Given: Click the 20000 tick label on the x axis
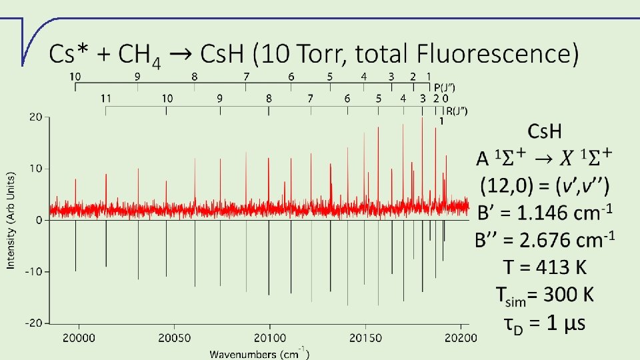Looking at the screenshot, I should pos(79,338).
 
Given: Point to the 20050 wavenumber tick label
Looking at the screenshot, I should pos(175,338).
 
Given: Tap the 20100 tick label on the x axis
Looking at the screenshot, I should pos(270,338).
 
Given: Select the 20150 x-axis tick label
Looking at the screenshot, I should pos(365,338).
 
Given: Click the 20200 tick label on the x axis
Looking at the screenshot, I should pos(461,338).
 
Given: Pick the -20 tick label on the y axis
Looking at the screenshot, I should pos(33,323).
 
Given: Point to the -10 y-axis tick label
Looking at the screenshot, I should pos(33,271).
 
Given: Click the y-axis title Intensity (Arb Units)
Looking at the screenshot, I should pos(11,220).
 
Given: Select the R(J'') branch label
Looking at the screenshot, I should pos(457,111).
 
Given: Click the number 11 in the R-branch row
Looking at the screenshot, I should pos(106,99).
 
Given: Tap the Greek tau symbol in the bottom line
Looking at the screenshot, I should pos(509,324).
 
